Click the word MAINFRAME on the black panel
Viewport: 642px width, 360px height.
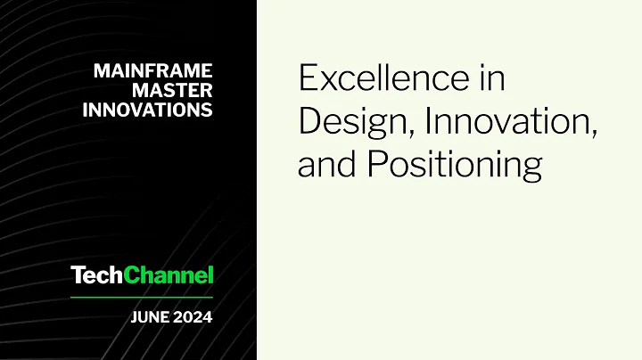click(152, 71)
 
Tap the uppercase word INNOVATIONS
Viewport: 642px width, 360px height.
click(147, 110)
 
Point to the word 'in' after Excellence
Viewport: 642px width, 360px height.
click(491, 79)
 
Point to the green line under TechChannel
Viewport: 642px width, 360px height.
click(142, 296)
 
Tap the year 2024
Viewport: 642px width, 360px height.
click(193, 316)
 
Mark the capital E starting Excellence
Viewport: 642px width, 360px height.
click(308, 79)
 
